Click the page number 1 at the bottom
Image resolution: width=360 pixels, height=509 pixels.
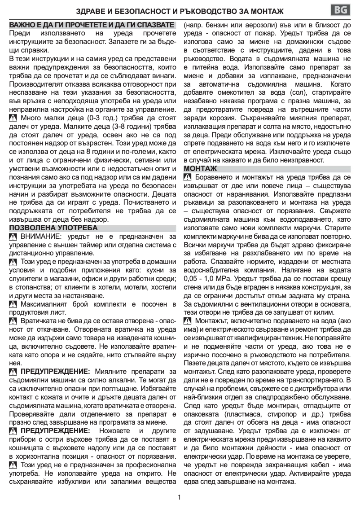(180, 497)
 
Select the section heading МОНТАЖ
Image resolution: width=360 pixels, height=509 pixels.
(201, 168)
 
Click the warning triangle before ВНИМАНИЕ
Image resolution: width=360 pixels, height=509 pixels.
(13, 237)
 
